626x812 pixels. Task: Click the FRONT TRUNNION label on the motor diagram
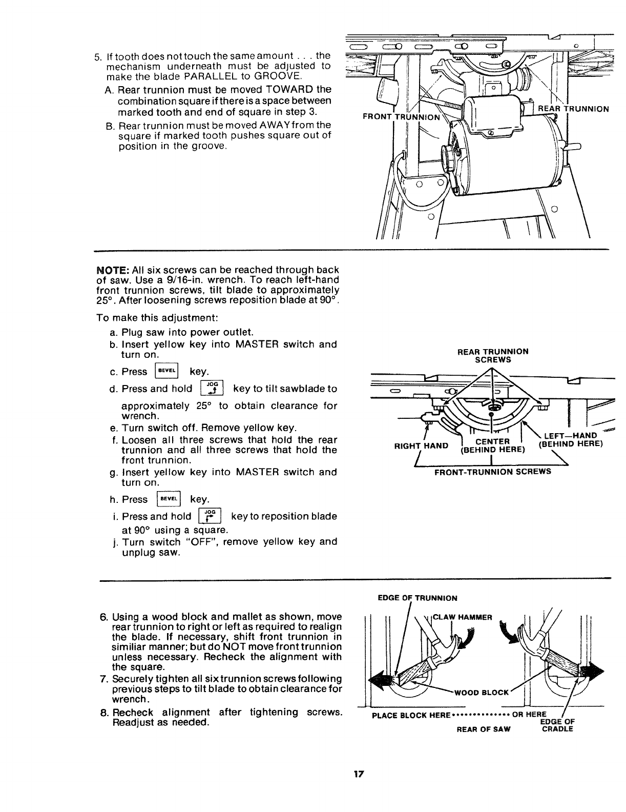pyautogui.click(x=401, y=116)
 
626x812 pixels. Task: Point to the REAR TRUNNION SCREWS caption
pyautogui.click(x=492, y=356)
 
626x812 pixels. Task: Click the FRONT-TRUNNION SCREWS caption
pyautogui.click(x=492, y=472)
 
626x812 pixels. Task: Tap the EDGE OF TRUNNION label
pyautogui.click(x=417, y=598)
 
